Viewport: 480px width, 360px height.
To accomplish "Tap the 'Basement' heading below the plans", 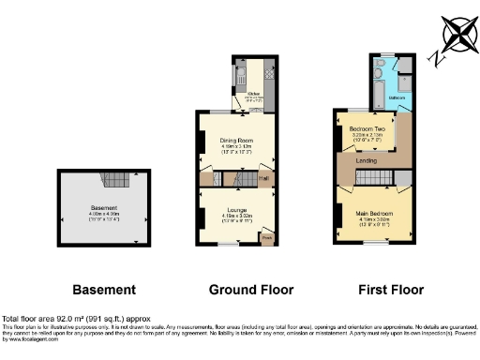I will tap(103, 290).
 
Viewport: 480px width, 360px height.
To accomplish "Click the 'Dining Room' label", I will tap(236, 141).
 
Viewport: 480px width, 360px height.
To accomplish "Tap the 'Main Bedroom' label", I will tap(374, 213).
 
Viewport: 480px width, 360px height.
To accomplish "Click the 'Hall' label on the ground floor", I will tap(263, 178).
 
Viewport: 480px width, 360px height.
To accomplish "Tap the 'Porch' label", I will tap(266, 236).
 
